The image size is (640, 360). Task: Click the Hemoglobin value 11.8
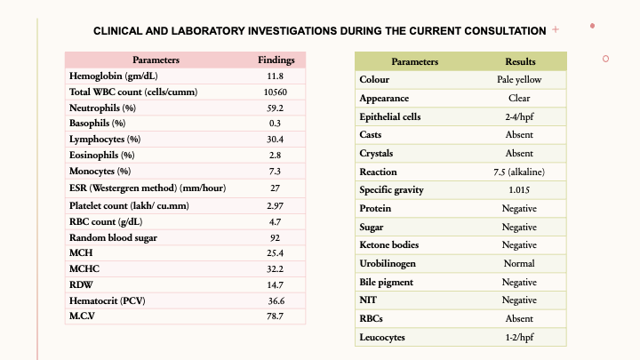[275, 76]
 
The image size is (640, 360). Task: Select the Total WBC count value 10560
[275, 92]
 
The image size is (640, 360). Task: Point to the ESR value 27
[275, 188]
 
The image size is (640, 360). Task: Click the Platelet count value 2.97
[275, 205]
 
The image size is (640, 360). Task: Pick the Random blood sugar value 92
[275, 237]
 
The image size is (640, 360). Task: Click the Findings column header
[276, 60]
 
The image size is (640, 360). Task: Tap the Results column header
[520, 62]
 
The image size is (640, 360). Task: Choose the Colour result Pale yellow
[520, 80]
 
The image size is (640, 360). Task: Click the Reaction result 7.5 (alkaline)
[520, 172]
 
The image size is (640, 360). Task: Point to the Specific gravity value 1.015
[520, 189]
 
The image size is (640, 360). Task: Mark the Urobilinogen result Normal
[520, 263]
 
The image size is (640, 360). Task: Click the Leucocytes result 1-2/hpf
[520, 337]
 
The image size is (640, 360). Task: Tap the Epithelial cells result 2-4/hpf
[520, 116]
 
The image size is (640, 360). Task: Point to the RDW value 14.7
[275, 284]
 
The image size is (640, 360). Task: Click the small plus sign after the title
[556, 29]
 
